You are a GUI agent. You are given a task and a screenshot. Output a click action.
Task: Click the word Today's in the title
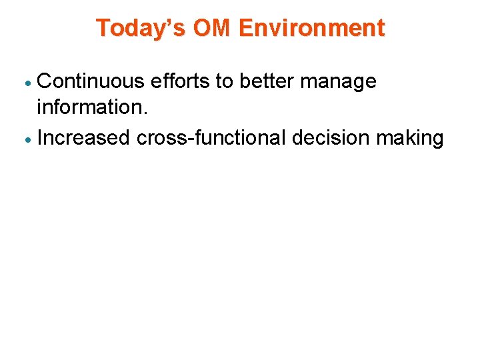click(141, 29)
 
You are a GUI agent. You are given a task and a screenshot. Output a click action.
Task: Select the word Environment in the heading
click(311, 29)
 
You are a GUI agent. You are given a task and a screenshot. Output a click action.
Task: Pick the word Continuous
click(91, 81)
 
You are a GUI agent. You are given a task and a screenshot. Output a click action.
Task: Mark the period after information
click(143, 115)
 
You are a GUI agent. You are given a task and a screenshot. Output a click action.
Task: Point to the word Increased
click(84, 138)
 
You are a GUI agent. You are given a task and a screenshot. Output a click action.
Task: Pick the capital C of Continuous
click(45, 81)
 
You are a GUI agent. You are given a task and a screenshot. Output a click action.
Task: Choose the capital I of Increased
click(41, 138)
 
